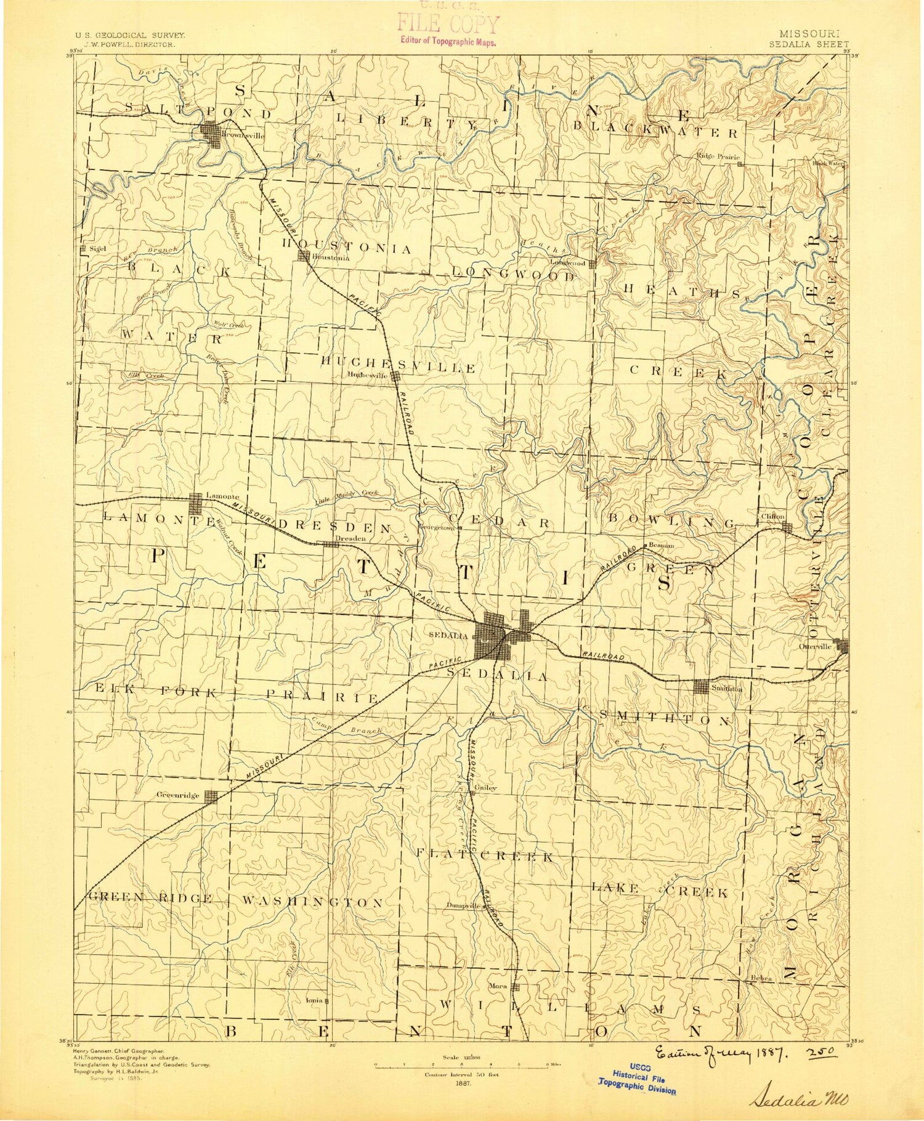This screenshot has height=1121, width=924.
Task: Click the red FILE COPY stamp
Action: (448, 25)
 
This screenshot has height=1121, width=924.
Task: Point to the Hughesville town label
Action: (367, 374)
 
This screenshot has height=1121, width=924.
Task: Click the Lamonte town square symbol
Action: (197, 504)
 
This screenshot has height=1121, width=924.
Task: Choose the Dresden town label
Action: (350, 538)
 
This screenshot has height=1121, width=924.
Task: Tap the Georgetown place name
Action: (437, 528)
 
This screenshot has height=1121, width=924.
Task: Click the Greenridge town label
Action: (177, 795)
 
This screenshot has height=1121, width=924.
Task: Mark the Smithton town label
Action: (727, 689)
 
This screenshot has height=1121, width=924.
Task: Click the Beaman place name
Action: (662, 545)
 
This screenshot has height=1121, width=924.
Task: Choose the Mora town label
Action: (497, 986)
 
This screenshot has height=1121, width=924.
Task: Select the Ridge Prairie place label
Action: (718, 156)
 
